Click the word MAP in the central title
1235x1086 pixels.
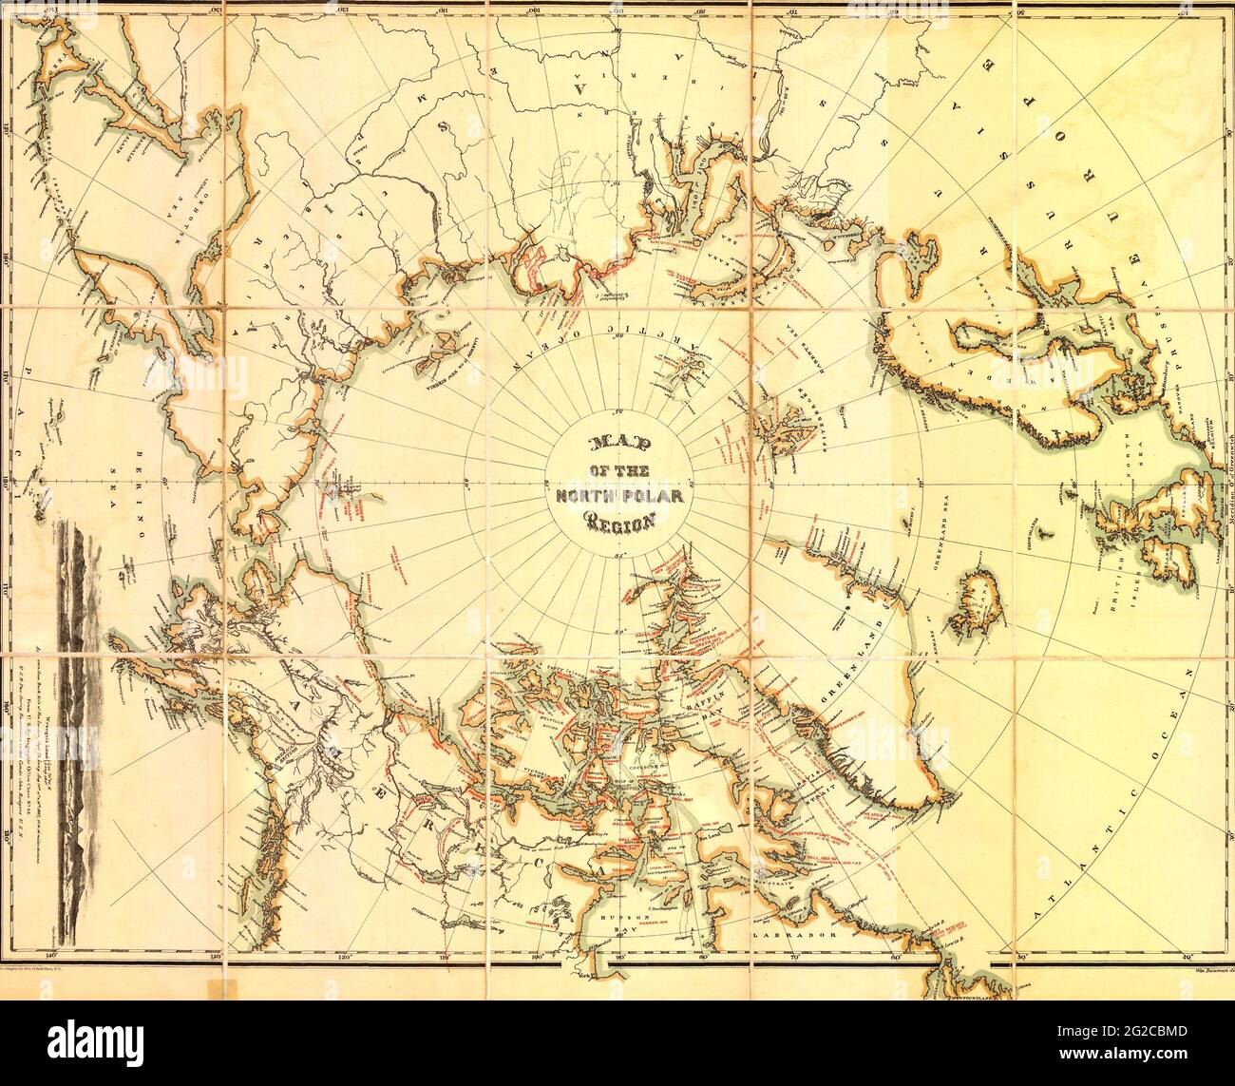click(x=617, y=445)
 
